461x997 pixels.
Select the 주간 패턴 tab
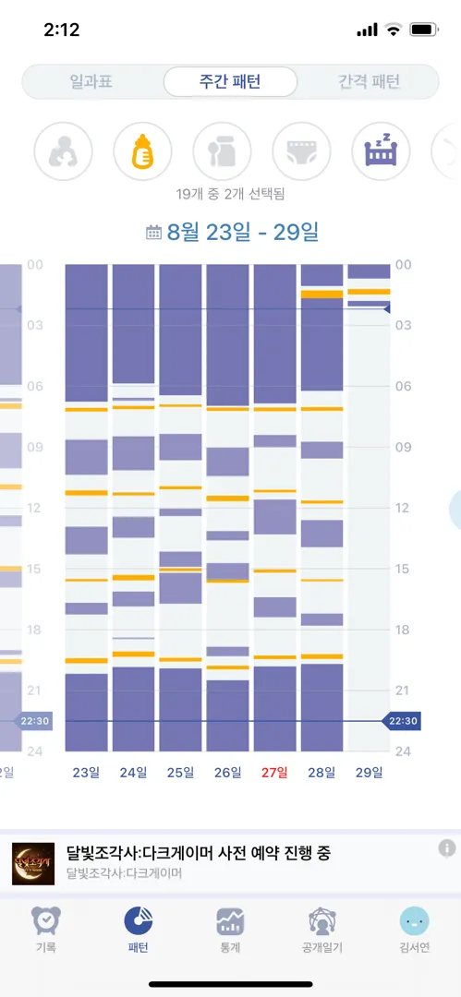coord(230,81)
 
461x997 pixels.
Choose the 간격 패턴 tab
coord(369,81)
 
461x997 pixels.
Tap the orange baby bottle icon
coord(142,151)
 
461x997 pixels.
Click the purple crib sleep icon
coord(382,151)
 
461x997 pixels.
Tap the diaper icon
coord(302,151)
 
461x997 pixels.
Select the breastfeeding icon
coord(63,151)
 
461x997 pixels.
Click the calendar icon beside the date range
coord(153,233)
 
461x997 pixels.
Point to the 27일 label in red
coord(274,773)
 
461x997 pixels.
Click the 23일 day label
coord(86,773)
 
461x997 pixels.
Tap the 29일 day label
coord(369,773)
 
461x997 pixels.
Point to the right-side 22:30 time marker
coord(401,721)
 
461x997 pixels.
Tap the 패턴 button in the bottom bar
coord(139,930)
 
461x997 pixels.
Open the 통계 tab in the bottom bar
coord(231,930)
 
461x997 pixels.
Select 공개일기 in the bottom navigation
coord(322,930)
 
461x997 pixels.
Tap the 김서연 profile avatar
coord(415,920)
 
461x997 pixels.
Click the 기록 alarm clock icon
coord(46,920)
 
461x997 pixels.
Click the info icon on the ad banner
coord(447,847)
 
